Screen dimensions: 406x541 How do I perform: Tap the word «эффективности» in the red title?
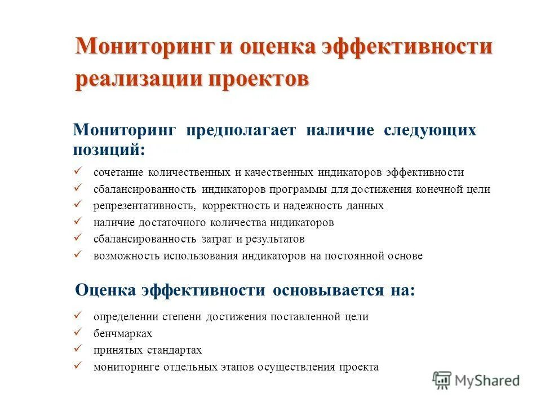click(406, 47)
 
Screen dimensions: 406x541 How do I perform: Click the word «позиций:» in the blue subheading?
click(108, 149)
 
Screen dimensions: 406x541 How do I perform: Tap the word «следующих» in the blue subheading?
click(430, 131)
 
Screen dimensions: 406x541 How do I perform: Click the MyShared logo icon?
click(442, 381)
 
